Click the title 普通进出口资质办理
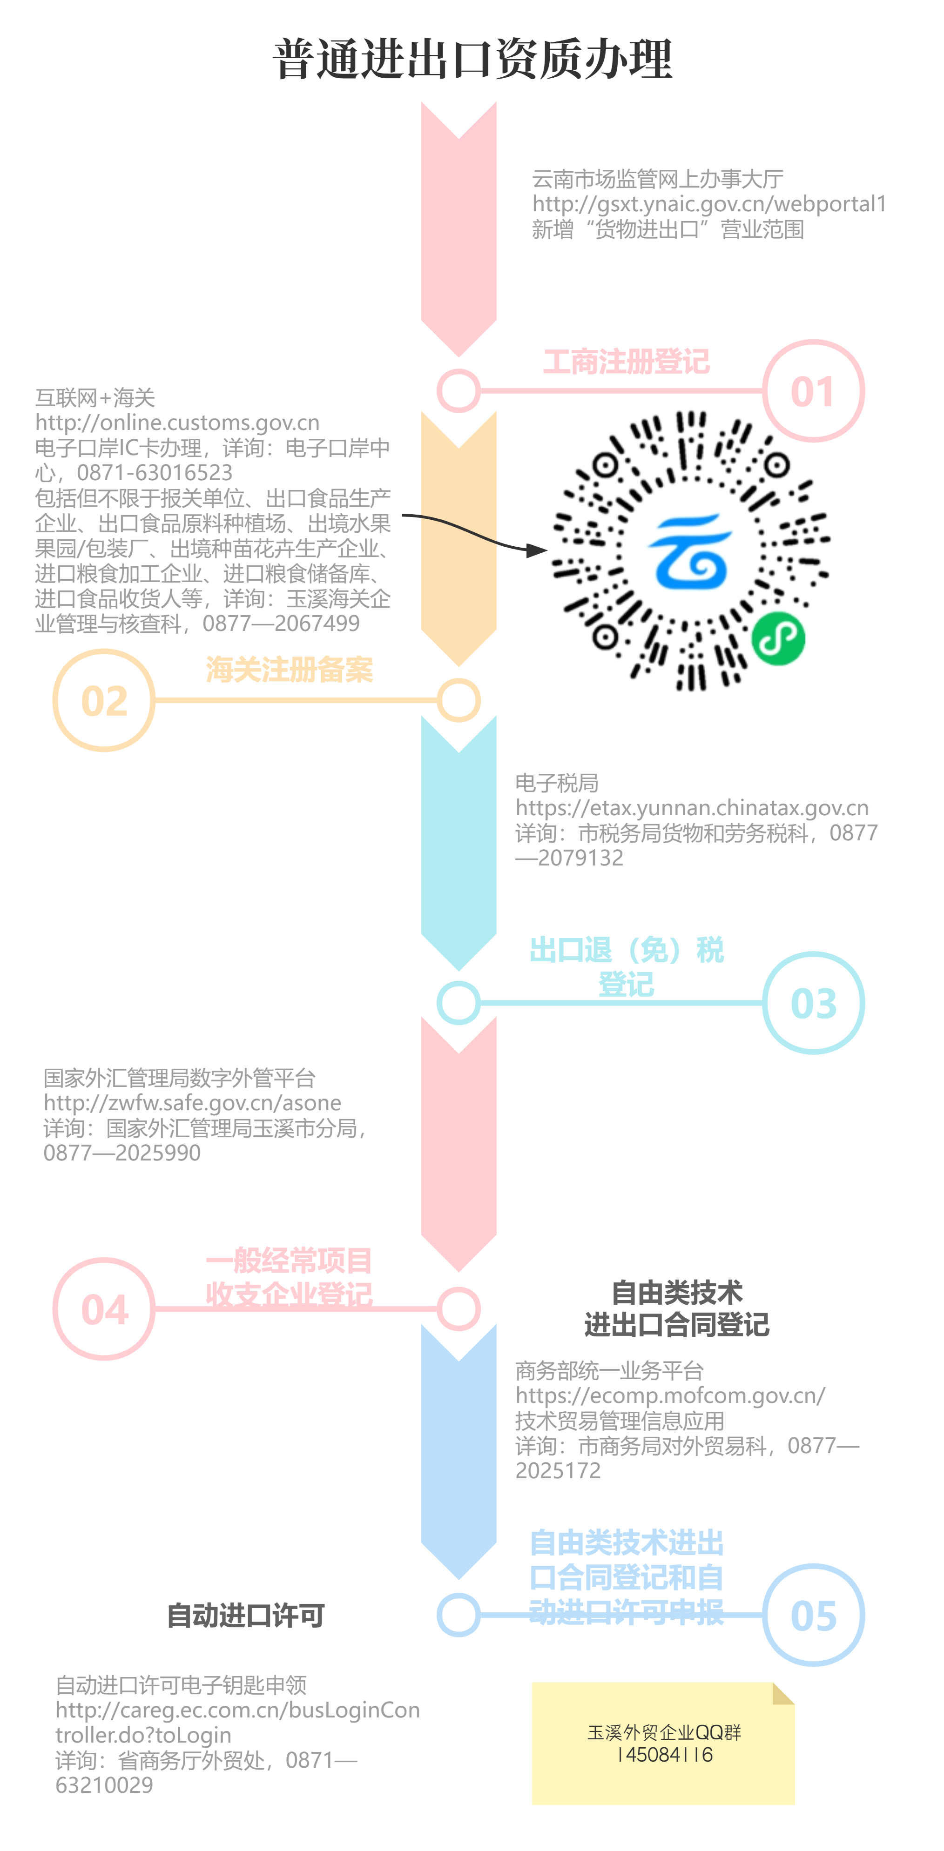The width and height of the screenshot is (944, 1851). point(472,59)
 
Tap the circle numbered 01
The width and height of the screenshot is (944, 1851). point(813,391)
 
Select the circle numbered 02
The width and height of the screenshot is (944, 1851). point(104,701)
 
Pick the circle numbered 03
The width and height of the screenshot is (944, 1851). point(813,1003)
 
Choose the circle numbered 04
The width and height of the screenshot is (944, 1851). point(104,1309)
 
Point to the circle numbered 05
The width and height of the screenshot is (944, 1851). point(813,1615)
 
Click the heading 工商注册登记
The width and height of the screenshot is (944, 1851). point(626,362)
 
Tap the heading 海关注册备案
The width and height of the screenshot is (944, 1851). point(289,670)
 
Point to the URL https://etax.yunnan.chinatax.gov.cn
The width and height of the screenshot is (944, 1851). point(692,808)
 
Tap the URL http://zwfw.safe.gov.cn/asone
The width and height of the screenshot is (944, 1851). point(193,1103)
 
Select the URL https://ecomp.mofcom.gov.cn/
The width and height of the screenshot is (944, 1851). point(670,1395)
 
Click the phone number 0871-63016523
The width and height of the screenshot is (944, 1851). point(155,473)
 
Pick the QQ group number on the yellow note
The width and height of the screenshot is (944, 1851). point(664,1755)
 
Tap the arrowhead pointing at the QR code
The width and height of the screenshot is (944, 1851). point(536,550)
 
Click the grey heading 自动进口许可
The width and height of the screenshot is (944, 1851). point(245,1615)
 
